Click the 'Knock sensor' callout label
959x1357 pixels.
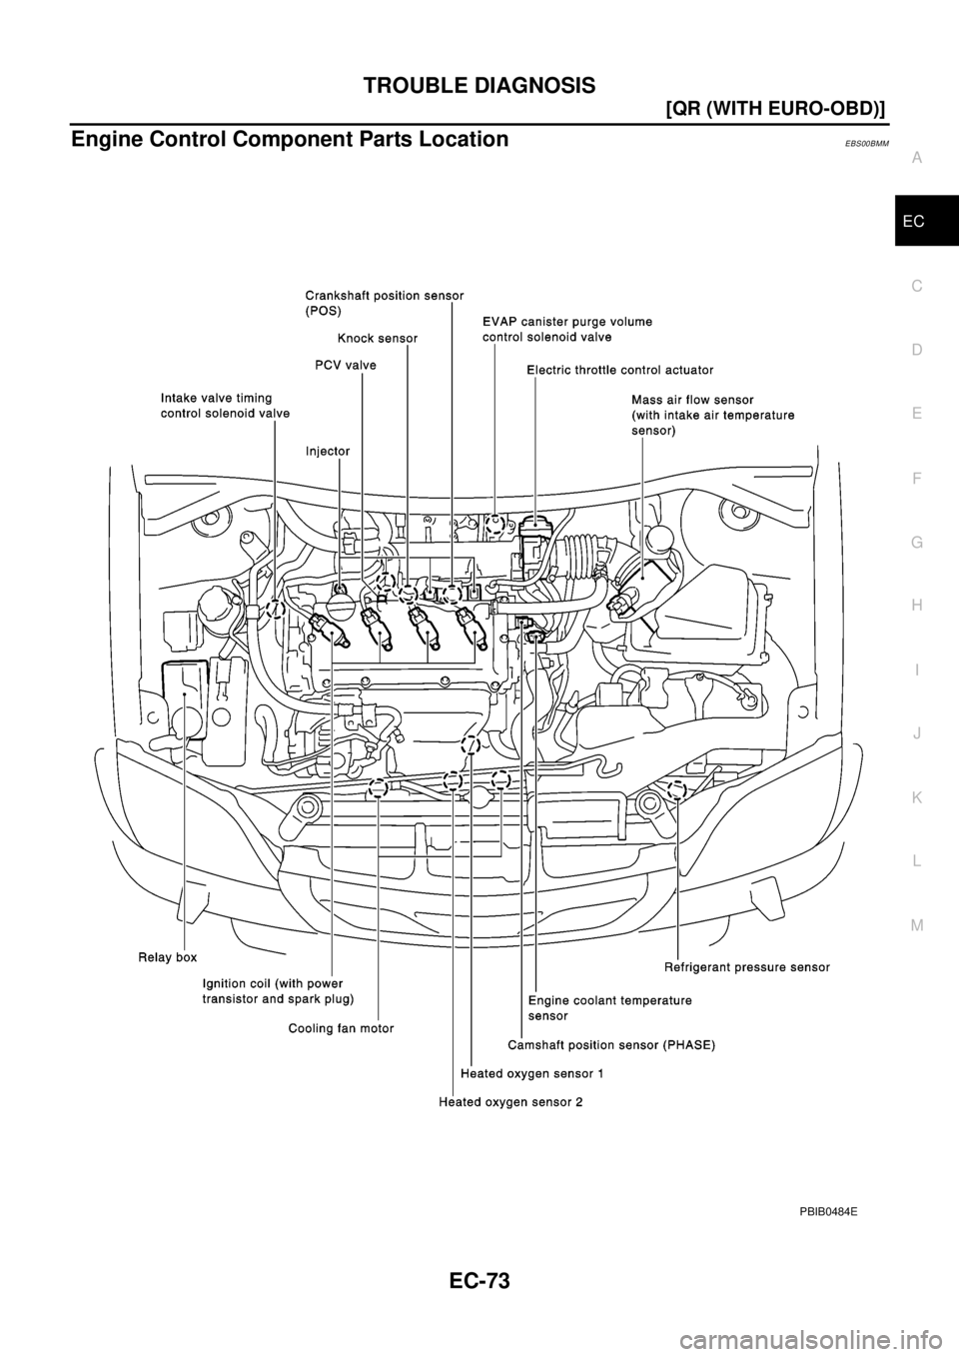[377, 339]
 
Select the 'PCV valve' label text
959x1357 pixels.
[339, 366]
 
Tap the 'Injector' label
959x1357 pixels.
[328, 451]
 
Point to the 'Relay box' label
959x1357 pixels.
[167, 957]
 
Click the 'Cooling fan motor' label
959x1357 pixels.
[341, 1028]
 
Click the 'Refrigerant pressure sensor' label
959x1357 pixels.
[747, 967]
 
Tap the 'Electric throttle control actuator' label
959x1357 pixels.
[619, 370]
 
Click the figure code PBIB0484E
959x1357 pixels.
[826, 1211]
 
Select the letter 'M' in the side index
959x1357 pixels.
[917, 925]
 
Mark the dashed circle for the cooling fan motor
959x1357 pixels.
[378, 789]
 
